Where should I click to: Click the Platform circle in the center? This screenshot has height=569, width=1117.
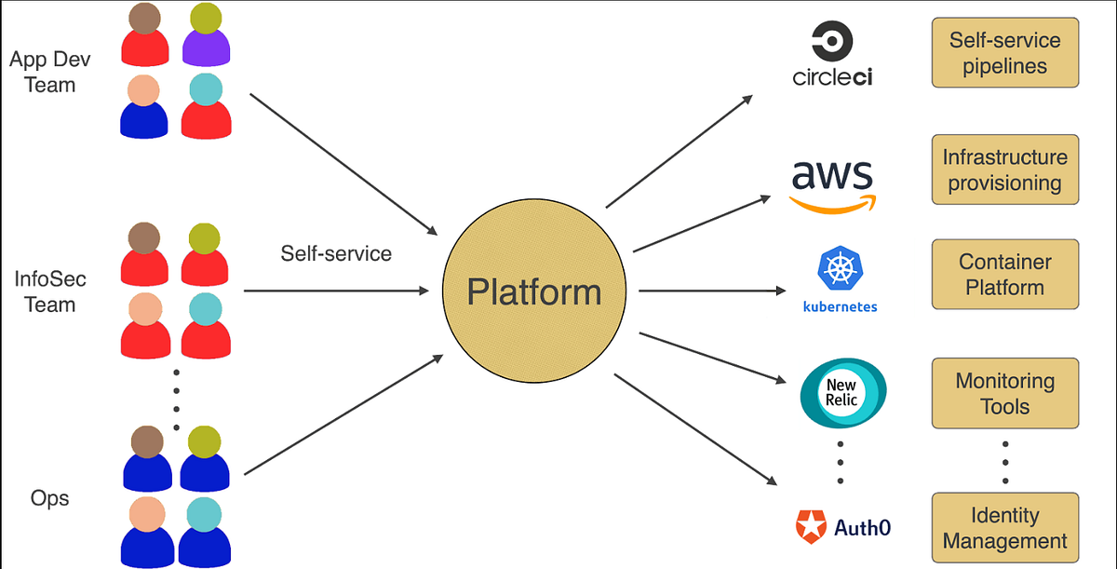coord(533,291)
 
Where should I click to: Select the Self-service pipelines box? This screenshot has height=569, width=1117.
coord(1004,53)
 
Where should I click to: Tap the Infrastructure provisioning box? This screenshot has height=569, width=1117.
coord(1004,169)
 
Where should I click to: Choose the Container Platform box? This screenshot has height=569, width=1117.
coord(1004,275)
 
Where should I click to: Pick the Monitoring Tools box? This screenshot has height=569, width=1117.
coord(1004,393)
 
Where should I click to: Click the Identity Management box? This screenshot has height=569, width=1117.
coord(1004,527)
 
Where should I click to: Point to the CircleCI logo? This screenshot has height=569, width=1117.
coord(832,55)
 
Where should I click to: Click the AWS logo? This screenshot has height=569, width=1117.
coord(832,185)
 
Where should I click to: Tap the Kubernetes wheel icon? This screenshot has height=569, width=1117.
coord(840,268)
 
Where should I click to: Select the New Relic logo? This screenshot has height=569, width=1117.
coord(842,391)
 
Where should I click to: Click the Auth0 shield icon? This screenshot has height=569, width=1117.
coord(811,527)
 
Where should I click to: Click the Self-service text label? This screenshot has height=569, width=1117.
coord(336,252)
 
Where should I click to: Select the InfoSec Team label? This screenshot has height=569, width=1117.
coord(44,291)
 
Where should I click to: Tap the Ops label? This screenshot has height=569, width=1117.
coord(49,498)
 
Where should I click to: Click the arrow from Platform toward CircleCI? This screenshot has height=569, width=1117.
coord(680,150)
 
